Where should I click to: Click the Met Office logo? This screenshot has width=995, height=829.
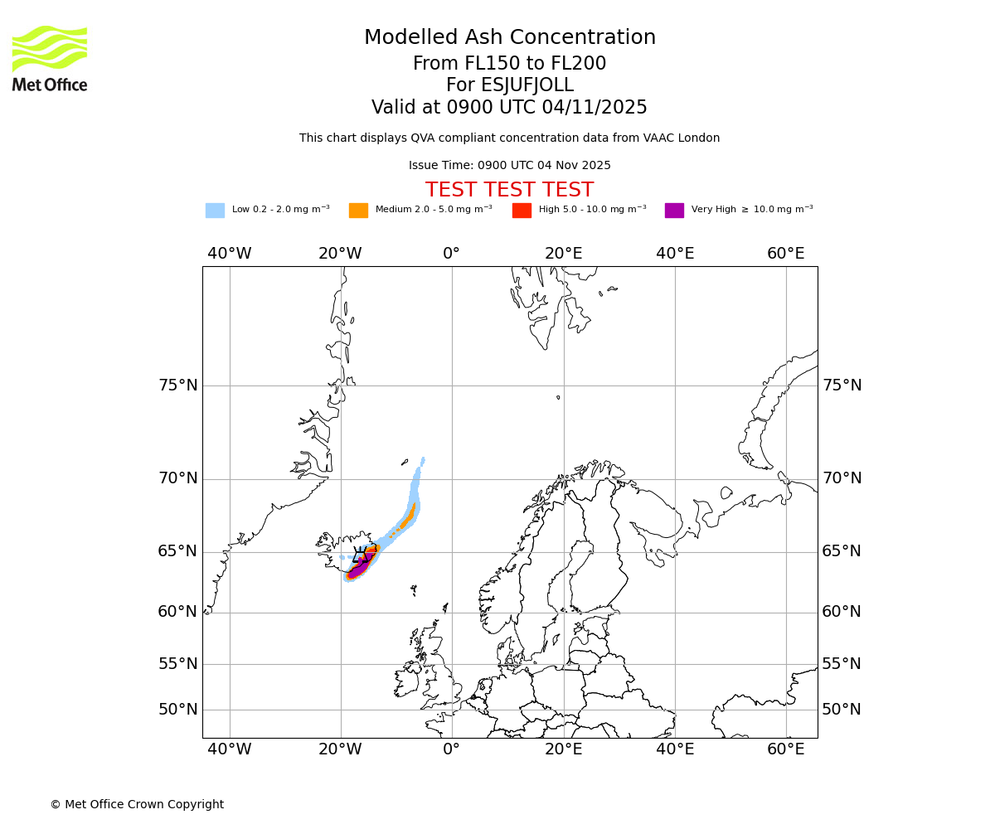50,58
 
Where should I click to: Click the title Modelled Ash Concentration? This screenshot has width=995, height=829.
509,38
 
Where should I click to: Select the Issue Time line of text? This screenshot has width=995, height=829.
509,166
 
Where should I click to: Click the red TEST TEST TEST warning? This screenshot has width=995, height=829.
509,191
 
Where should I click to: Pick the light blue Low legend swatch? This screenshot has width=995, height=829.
215,210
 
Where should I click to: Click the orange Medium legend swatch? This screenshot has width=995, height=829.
358,210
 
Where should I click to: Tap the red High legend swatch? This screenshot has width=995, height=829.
522,210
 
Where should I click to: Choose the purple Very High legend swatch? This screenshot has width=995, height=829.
674,210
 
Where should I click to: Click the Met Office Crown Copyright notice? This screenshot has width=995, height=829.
137,805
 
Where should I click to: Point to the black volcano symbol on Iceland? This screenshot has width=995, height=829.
360,555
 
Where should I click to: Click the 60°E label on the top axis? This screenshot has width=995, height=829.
785,254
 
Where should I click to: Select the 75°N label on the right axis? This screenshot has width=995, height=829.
842,385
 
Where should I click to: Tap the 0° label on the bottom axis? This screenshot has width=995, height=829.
451,750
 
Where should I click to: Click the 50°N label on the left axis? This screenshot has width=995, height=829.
178,710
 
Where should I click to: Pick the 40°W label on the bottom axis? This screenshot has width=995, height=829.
230,750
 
